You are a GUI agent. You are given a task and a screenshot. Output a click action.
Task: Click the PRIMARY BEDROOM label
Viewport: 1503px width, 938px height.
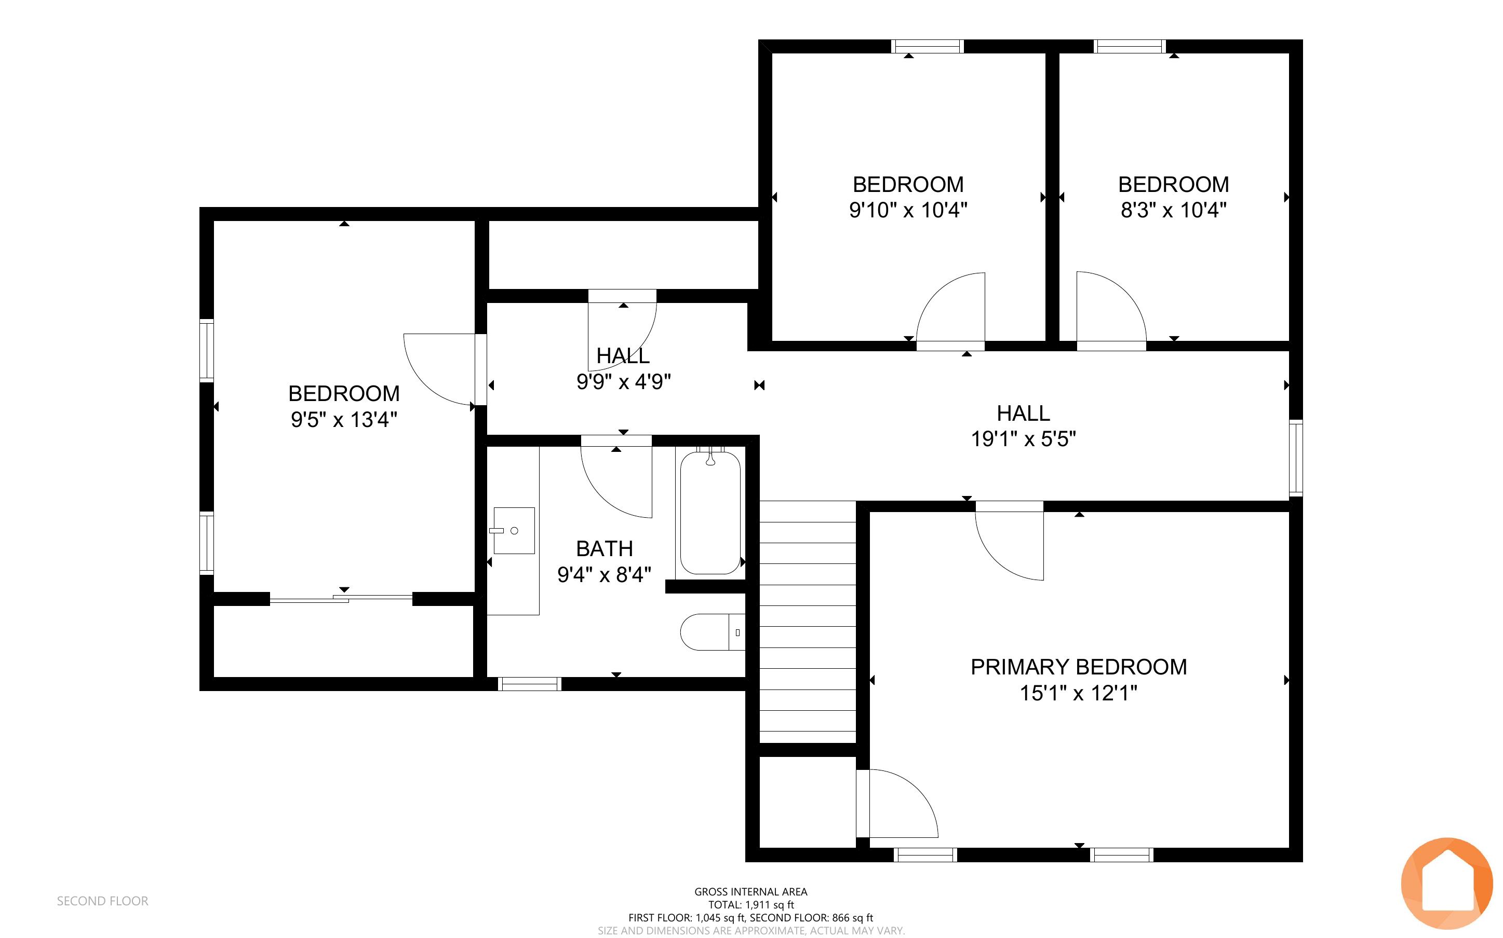coord(1078,667)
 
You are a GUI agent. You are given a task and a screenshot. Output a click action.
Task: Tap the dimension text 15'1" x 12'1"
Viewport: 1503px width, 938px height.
coord(1078,693)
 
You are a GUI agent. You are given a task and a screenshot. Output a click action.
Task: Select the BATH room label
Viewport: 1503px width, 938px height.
coord(604,548)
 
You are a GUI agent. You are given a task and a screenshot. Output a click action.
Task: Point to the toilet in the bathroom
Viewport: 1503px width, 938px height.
coord(713,632)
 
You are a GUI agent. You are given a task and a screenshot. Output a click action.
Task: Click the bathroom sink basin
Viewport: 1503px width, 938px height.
coord(514,530)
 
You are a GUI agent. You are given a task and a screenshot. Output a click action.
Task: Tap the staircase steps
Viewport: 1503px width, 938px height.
coord(808,622)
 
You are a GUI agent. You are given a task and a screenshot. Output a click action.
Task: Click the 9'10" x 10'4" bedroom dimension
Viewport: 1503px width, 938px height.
coord(908,210)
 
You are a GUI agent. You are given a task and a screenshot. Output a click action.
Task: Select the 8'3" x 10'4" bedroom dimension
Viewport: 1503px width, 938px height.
coord(1173,210)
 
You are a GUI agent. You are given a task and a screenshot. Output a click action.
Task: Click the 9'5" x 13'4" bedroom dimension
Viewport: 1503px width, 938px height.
coord(344,419)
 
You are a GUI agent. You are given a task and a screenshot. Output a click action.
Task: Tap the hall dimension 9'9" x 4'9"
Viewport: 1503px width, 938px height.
coord(623,381)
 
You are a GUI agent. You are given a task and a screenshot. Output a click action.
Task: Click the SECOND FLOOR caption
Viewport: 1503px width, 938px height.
coord(102,901)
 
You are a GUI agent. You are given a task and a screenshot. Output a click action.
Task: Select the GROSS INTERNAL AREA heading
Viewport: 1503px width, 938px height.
coord(750,891)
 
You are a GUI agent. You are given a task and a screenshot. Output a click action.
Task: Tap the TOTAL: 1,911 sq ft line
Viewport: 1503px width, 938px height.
coord(750,904)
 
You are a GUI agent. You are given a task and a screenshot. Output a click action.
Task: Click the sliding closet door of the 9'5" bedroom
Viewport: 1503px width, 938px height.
coord(341,599)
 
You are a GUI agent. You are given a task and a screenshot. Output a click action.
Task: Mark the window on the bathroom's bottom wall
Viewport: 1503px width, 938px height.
coord(530,684)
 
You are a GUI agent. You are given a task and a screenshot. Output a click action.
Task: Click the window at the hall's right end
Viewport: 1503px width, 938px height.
coord(1296,458)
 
